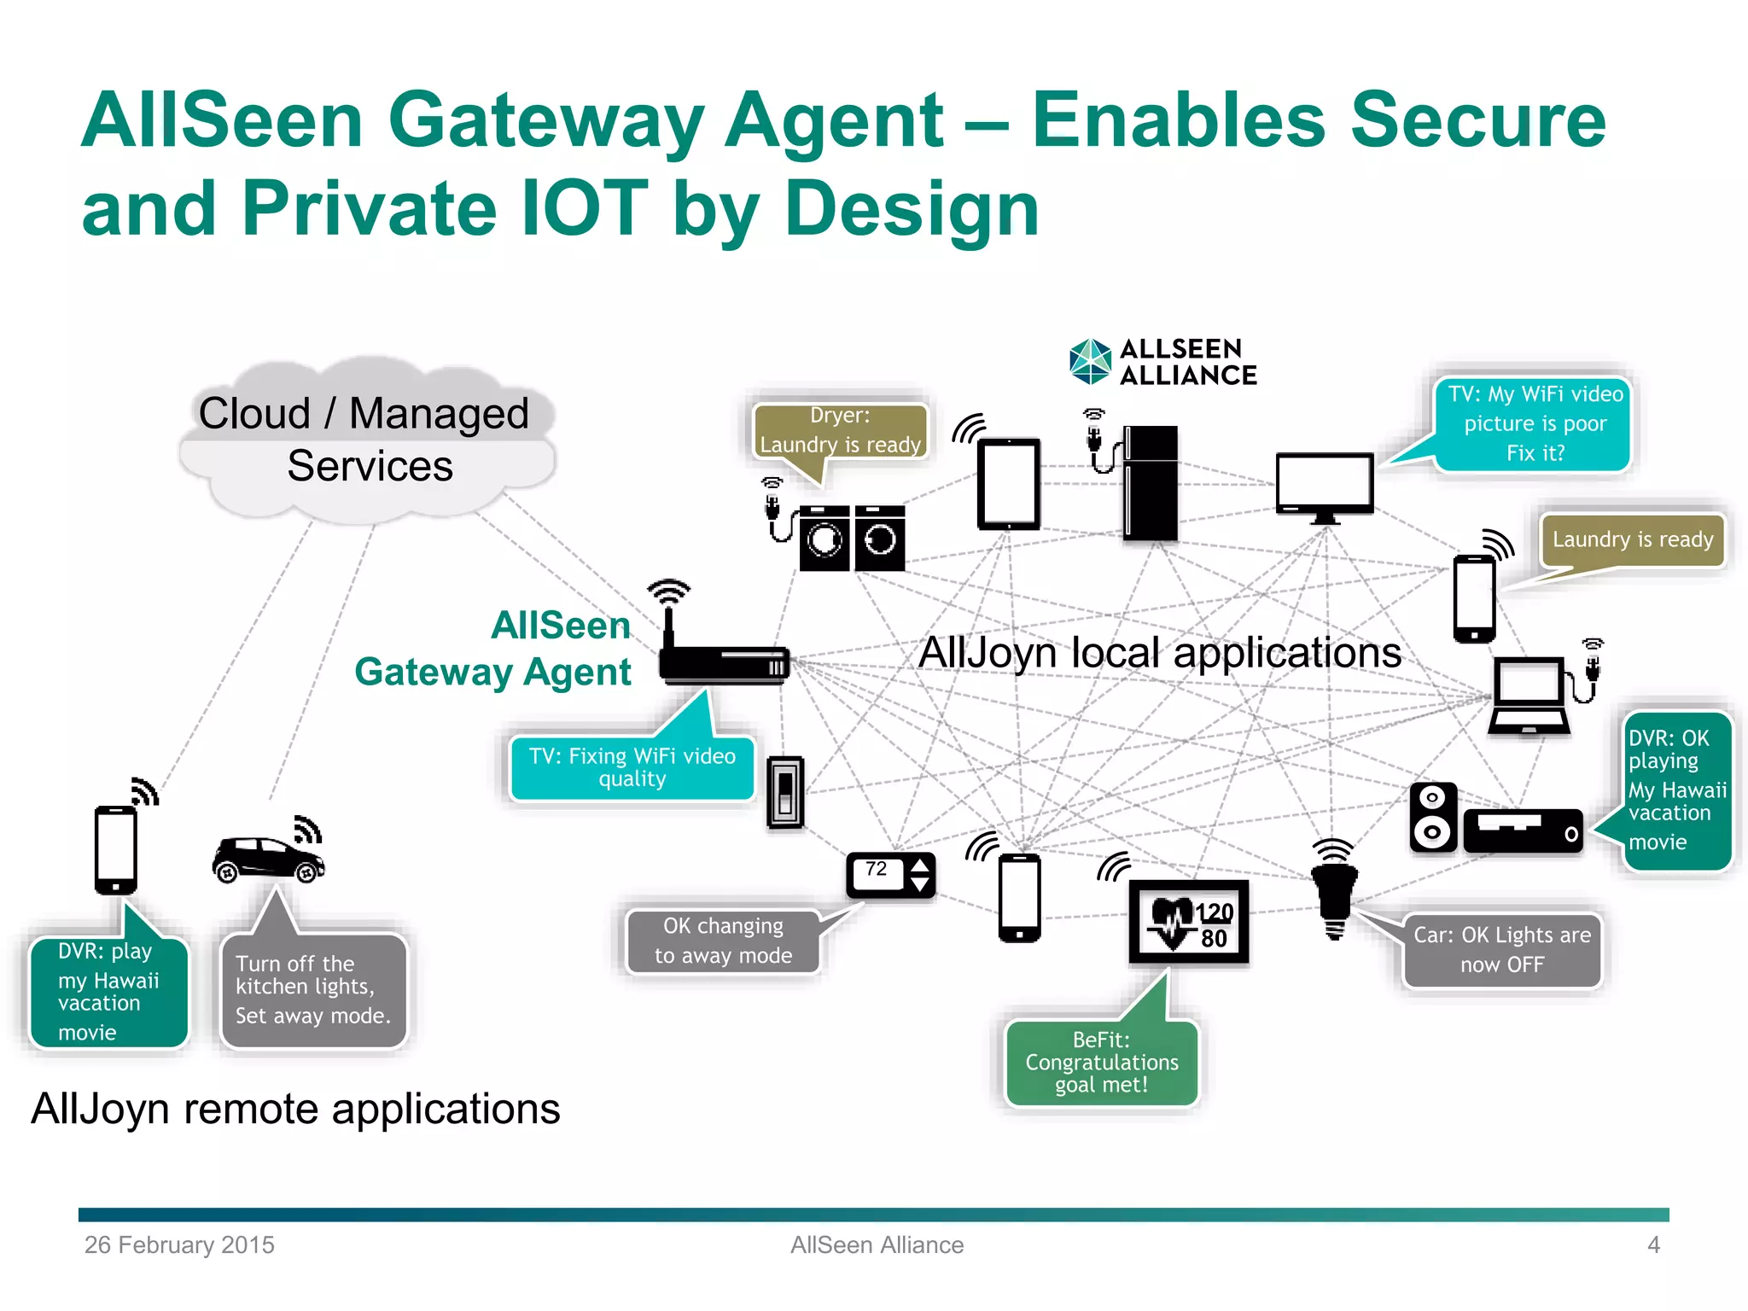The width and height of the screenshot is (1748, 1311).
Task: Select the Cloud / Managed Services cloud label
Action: (367, 440)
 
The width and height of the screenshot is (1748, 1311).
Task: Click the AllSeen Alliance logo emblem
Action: (1090, 362)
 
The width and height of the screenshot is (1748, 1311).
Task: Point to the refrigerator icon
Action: (1150, 483)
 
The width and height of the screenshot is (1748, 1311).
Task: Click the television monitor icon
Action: (1325, 487)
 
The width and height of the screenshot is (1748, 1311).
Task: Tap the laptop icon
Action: (1529, 696)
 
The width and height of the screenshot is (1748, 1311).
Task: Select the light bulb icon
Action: (1334, 896)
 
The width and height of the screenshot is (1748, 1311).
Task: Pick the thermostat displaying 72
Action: (890, 875)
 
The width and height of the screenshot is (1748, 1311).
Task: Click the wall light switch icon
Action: (785, 792)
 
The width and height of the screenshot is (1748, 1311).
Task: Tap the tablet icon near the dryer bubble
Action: (1009, 484)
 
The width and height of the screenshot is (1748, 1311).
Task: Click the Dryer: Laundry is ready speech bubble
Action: (840, 432)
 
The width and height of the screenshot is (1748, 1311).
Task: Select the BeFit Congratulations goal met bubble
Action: (1101, 1063)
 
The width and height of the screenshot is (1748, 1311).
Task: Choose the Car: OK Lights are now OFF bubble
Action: (1502, 950)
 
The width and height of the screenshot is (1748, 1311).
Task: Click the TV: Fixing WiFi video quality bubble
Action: (632, 768)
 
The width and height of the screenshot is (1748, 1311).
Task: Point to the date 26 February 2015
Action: (179, 1245)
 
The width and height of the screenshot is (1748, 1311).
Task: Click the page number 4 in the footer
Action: (1653, 1245)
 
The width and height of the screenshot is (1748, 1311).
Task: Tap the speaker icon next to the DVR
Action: (1432, 817)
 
